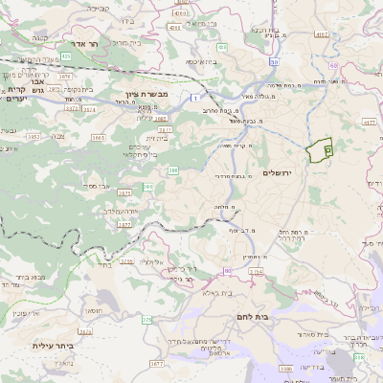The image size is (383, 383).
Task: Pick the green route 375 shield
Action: tap(146, 319)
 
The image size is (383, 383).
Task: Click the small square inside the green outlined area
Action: tap(327, 150)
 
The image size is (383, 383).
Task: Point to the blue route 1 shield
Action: tap(194, 98)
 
